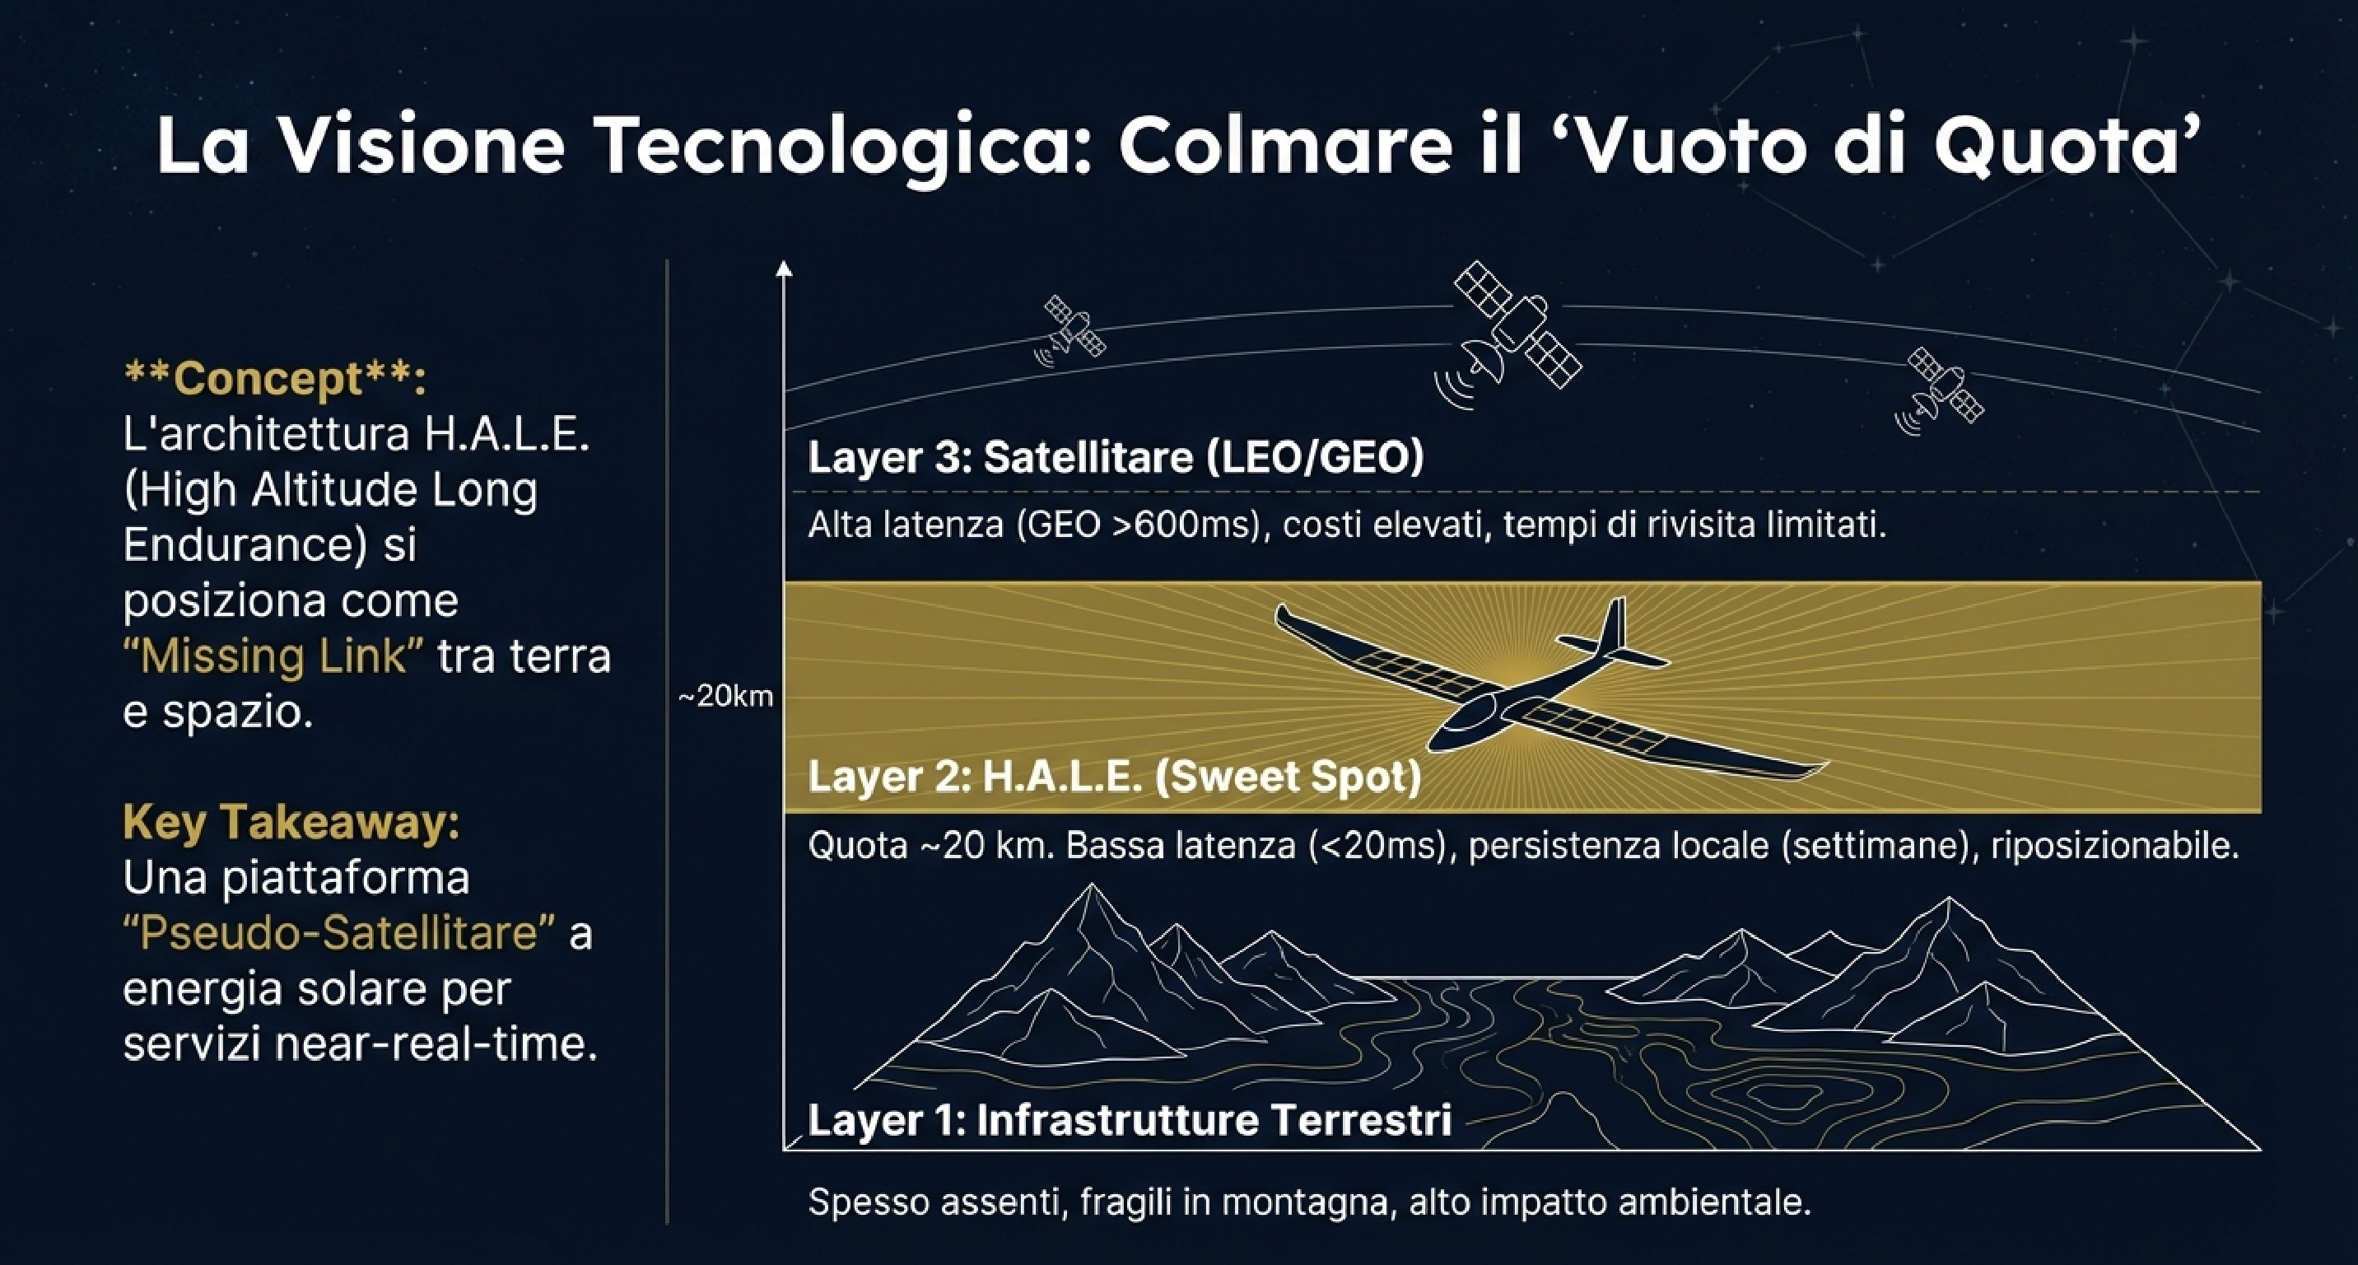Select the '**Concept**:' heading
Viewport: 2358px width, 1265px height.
pos(275,378)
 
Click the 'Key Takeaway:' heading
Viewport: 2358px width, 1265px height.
pos(291,821)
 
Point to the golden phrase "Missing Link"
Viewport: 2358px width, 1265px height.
pos(273,656)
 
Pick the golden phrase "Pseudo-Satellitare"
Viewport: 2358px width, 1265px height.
pos(338,933)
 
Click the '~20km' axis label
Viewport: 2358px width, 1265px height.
pos(725,697)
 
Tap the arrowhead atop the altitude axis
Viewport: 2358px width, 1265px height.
pos(784,268)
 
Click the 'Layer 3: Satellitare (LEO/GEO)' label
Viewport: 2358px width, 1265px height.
pos(1115,458)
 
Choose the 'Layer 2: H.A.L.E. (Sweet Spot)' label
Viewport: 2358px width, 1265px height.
pos(1114,776)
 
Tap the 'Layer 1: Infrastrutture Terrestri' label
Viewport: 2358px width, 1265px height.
pos(1130,1119)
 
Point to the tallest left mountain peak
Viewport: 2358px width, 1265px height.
pos(1090,888)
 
